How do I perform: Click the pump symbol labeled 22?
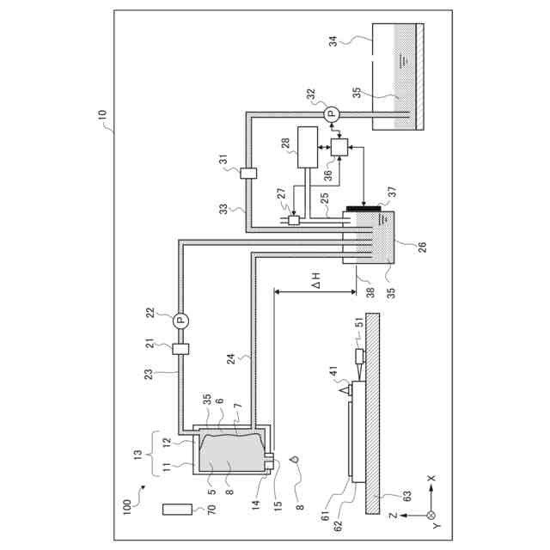click(180, 321)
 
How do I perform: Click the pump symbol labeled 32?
click(331, 114)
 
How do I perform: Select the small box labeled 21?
click(180, 349)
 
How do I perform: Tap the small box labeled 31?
click(248, 174)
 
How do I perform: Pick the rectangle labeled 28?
click(308, 147)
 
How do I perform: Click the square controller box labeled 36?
click(339, 147)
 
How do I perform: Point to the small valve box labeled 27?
click(293, 220)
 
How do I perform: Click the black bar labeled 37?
click(364, 209)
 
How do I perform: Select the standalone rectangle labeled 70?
click(178, 510)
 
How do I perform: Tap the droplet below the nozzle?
click(295, 459)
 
